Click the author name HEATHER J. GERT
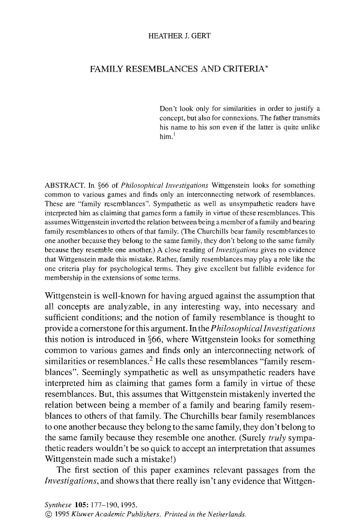pyautogui.click(x=179, y=36)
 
